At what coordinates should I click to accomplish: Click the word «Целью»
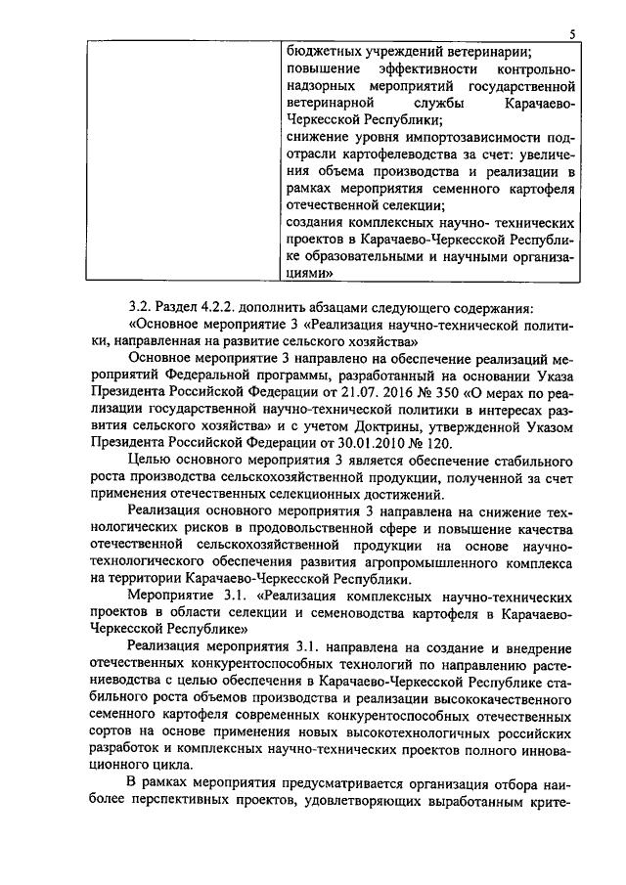click(149, 462)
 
